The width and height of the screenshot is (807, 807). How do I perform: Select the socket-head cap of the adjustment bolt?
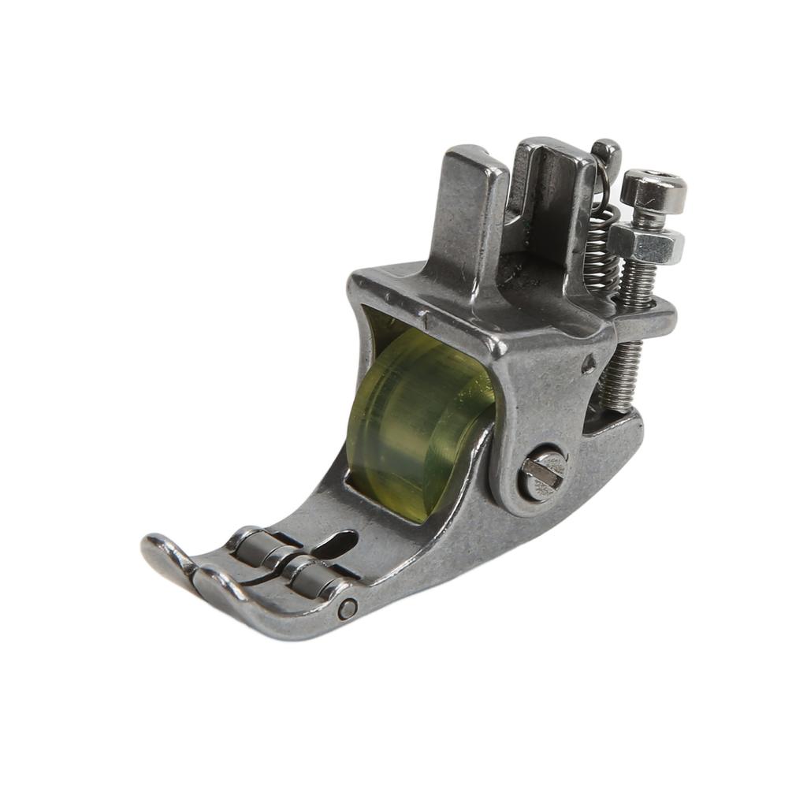(653, 189)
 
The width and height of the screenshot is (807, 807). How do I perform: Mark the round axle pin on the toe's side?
(348, 608)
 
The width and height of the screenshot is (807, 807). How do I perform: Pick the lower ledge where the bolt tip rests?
(615, 426)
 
